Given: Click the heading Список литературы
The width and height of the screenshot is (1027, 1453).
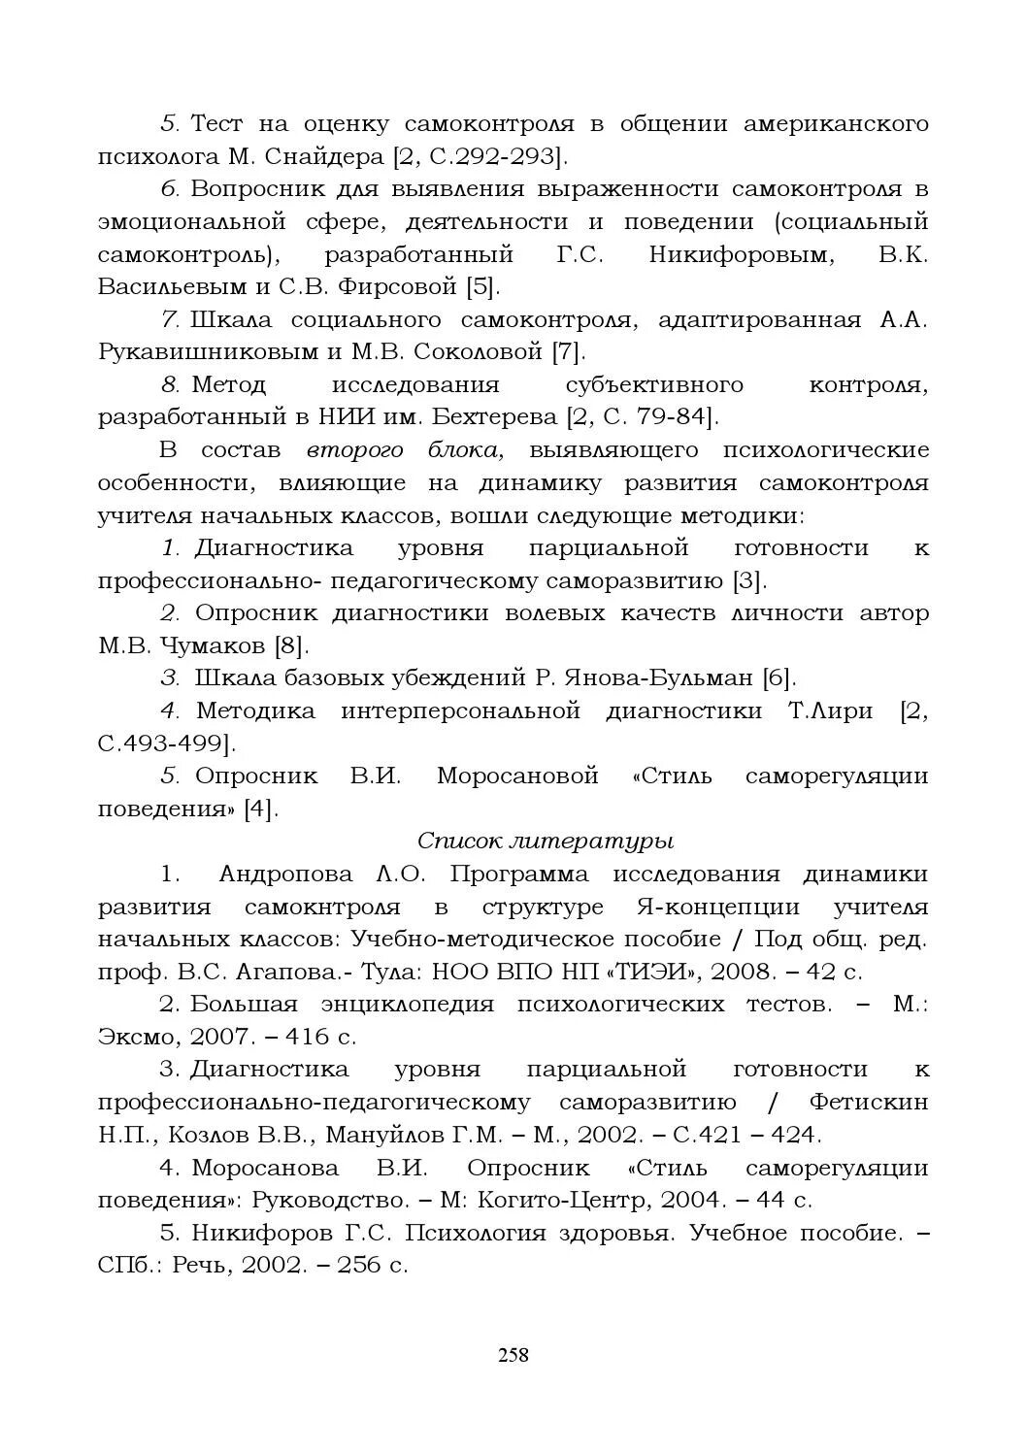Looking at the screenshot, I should [545, 840].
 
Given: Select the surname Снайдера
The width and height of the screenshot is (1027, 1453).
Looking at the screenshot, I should [319, 156].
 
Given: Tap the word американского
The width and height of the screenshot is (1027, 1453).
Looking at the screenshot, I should [836, 123].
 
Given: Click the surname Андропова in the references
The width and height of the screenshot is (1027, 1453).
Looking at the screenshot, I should [286, 874].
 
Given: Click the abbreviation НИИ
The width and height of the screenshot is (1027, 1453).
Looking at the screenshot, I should [343, 417].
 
